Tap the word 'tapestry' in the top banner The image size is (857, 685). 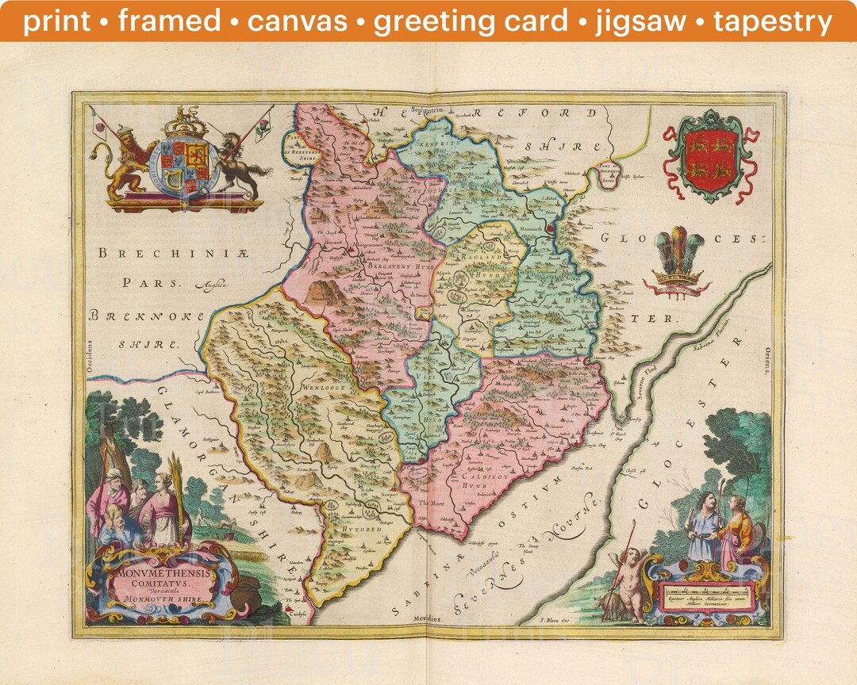[773, 21]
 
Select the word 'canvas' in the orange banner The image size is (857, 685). [297, 21]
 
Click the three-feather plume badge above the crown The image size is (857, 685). [679, 252]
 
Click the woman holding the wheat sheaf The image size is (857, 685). [164, 507]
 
